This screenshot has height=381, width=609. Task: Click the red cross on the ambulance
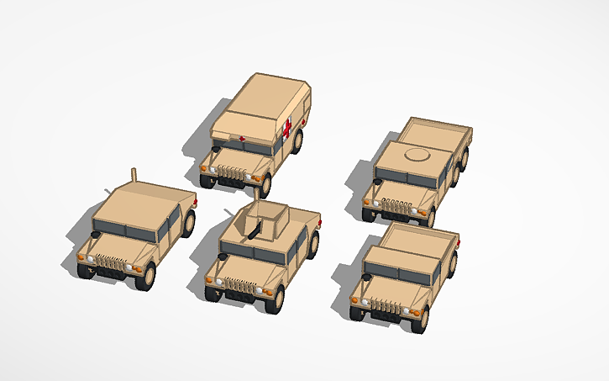tap(287, 130)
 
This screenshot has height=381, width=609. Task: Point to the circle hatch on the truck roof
tap(417, 156)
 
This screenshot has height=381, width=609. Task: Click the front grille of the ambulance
tap(233, 174)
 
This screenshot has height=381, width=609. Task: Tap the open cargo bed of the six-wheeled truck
tap(437, 135)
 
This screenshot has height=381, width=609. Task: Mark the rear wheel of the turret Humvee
tap(313, 245)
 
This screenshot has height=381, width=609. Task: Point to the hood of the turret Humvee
tap(244, 268)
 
